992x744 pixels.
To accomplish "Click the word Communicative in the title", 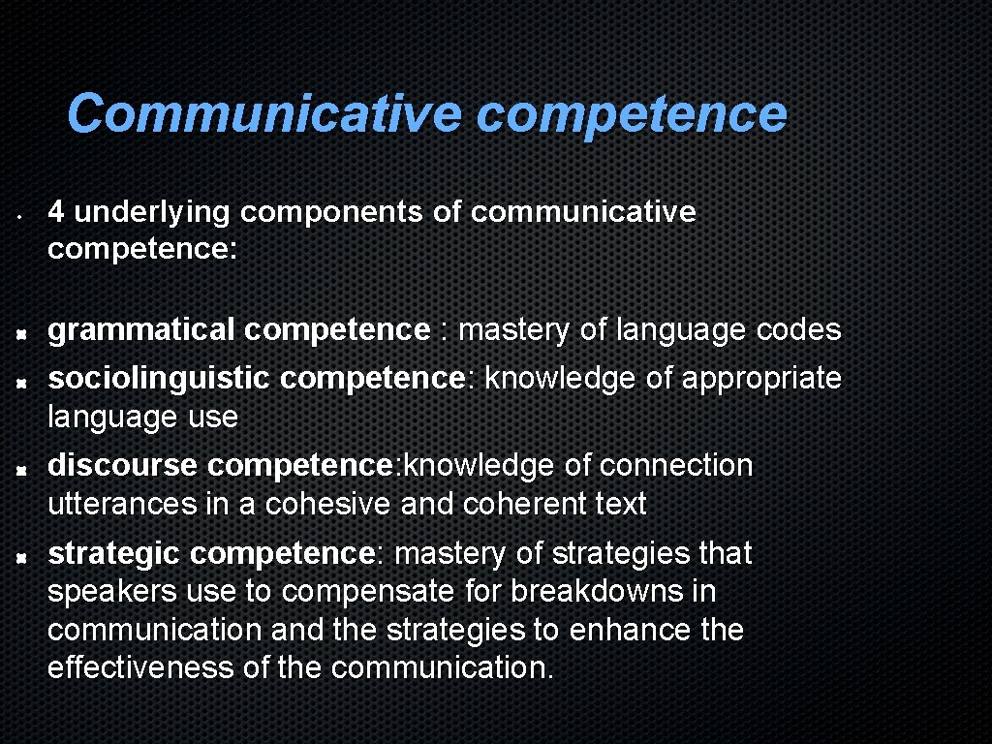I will pos(263,114).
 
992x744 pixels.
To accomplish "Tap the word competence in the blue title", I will pos(631,114).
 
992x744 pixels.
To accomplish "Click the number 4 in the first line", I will pos(57,211).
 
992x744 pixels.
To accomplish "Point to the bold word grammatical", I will pos(141,331).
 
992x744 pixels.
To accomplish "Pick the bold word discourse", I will pos(123,465).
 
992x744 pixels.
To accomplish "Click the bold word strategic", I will pos(114,553).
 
